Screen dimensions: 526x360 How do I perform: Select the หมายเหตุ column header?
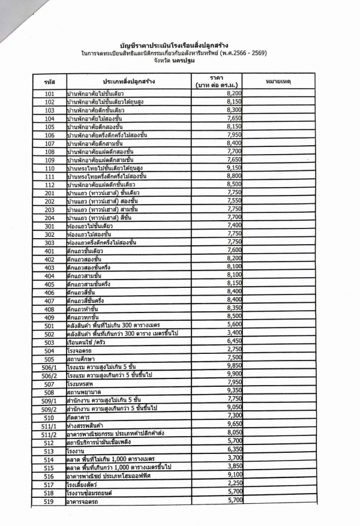click(277, 81)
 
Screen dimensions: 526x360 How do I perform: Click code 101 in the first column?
click(50, 95)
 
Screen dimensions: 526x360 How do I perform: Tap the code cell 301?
click(50, 226)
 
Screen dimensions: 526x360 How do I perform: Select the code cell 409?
click(50, 317)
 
